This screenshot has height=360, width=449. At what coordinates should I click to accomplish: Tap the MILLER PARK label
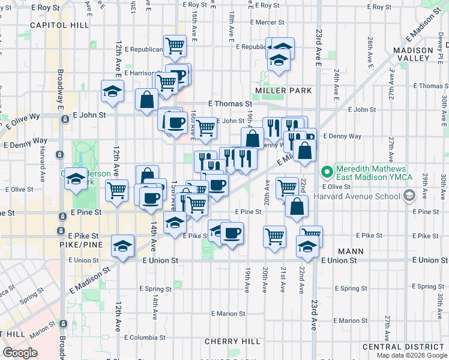(x=283, y=91)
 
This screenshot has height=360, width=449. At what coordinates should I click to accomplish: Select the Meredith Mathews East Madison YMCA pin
(x=327, y=173)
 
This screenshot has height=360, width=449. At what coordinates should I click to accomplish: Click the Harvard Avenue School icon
(x=409, y=196)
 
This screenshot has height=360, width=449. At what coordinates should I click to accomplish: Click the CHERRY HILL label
(x=233, y=341)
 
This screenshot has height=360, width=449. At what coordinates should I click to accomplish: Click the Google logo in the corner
(x=20, y=353)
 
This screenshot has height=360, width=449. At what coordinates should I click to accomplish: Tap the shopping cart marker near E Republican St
(x=174, y=45)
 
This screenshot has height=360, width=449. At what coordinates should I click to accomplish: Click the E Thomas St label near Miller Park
(x=230, y=104)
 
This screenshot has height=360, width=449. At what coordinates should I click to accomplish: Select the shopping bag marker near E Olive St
(x=297, y=207)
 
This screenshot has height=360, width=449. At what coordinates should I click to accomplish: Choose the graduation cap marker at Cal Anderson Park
(x=76, y=179)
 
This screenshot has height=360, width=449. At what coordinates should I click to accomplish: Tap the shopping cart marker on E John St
(x=205, y=128)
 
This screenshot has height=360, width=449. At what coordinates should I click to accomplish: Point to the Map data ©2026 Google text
(x=411, y=355)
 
